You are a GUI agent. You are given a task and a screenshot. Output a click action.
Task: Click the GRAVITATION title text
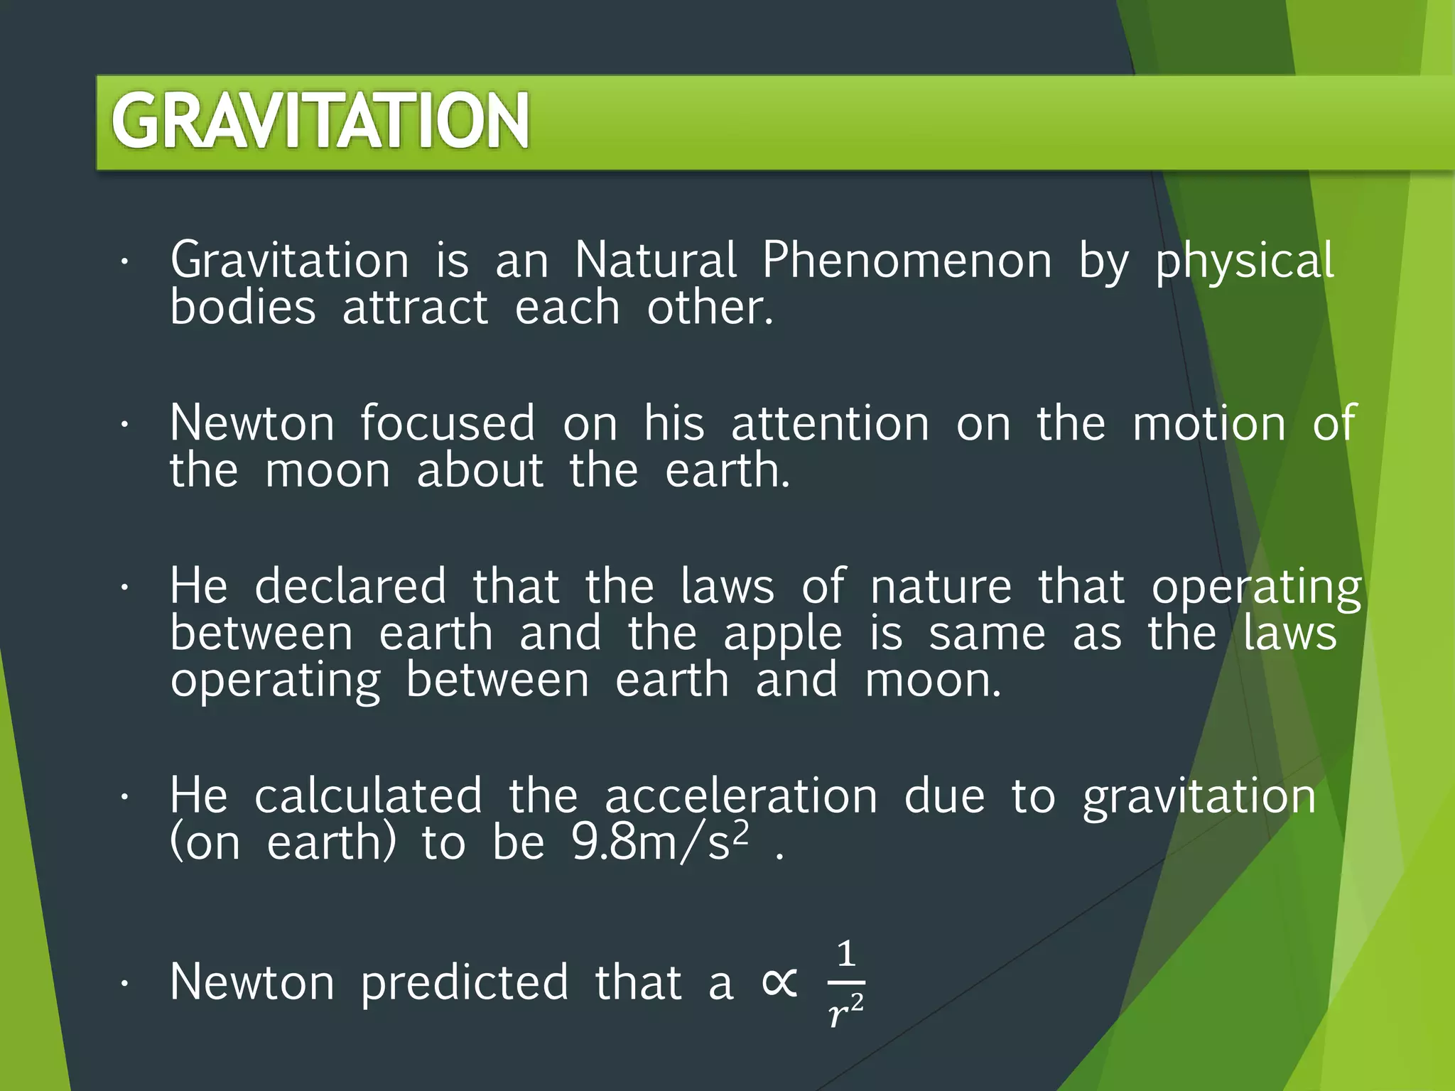320,121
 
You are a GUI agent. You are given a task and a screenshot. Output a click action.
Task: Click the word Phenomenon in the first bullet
907,260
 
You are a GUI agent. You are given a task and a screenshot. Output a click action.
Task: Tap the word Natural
655,260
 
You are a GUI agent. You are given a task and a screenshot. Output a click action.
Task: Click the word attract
416,308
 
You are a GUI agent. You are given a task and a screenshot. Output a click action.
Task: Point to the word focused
448,423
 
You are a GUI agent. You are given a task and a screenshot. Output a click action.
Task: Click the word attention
830,423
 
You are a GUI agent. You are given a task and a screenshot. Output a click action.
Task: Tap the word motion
1209,423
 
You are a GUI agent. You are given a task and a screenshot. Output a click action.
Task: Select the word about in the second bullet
480,470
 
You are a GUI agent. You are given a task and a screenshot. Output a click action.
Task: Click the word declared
350,587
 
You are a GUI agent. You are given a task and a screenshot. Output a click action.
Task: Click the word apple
782,635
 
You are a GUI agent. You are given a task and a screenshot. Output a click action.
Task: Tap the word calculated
368,796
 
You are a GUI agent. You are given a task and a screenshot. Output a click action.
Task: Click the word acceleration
741,796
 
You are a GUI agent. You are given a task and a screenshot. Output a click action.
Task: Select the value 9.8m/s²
660,843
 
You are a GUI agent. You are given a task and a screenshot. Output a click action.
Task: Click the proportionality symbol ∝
779,983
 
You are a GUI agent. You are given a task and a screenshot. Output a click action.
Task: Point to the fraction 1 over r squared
845,983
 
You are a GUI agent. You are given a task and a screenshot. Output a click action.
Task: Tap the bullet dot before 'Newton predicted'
124,984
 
